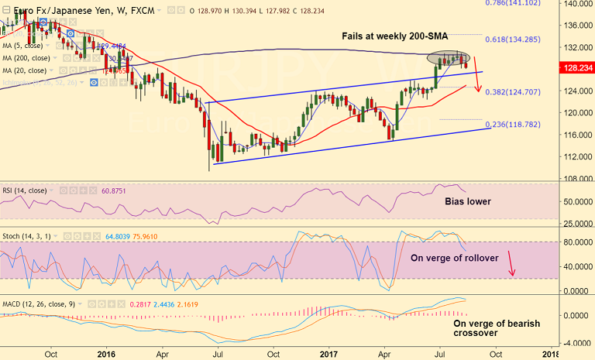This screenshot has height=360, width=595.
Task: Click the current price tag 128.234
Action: click(x=577, y=67)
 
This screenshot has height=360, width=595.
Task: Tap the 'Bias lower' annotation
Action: click(x=468, y=201)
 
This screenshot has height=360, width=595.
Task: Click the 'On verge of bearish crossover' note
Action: click(x=497, y=328)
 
